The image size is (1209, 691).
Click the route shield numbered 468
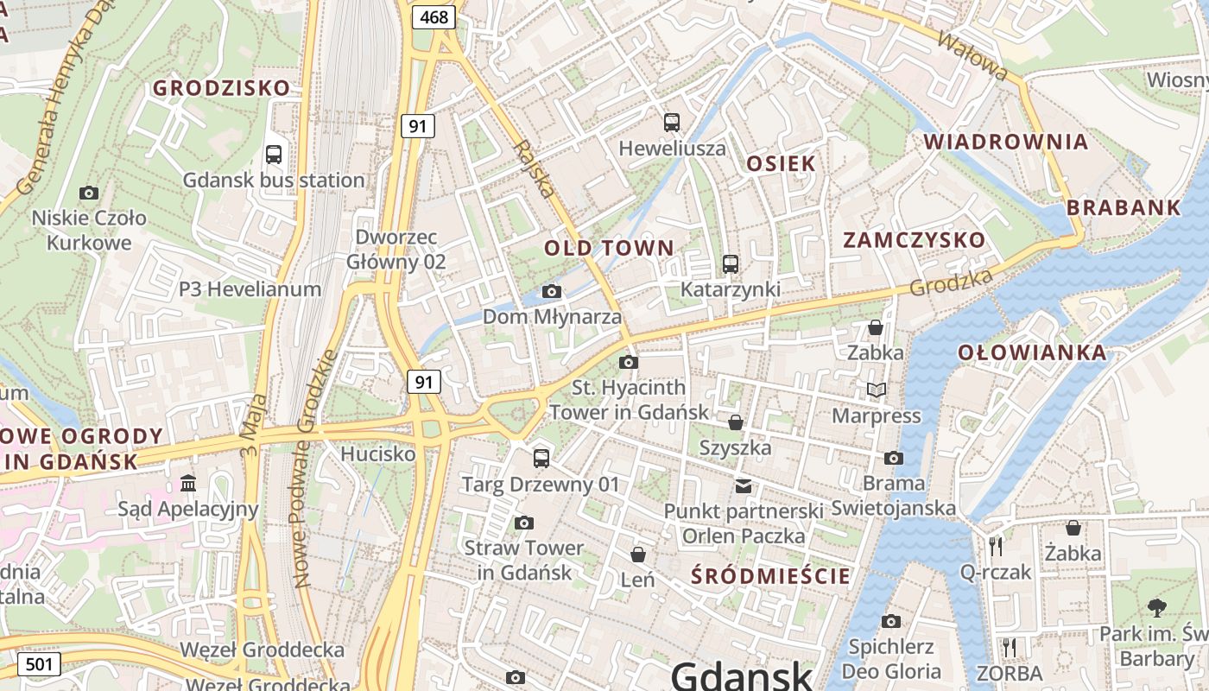pyautogui.click(x=434, y=16)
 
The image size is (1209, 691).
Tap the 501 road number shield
pyautogui.click(x=39, y=664)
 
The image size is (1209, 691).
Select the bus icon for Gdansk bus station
pyautogui.click(x=274, y=155)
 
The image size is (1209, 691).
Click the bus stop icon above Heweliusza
pyautogui.click(x=672, y=123)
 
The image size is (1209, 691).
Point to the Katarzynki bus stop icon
pyautogui.click(x=731, y=263)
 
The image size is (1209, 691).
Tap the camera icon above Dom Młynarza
pyautogui.click(x=552, y=292)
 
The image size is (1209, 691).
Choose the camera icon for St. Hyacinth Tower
pyautogui.click(x=629, y=362)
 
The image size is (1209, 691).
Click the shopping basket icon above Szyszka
pyautogui.click(x=736, y=422)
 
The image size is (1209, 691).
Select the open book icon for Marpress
pyautogui.click(x=877, y=390)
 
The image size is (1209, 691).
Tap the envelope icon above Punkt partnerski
pyautogui.click(x=744, y=486)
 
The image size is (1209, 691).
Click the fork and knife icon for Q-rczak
pyautogui.click(x=996, y=546)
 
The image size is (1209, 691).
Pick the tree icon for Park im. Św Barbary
pyautogui.click(x=1157, y=608)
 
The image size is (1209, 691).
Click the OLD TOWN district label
pyautogui.click(x=609, y=249)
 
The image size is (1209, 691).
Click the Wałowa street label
pyautogui.click(x=972, y=56)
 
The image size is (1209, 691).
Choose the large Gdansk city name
pyautogui.click(x=742, y=675)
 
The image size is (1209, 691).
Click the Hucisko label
pyautogui.click(x=378, y=453)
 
